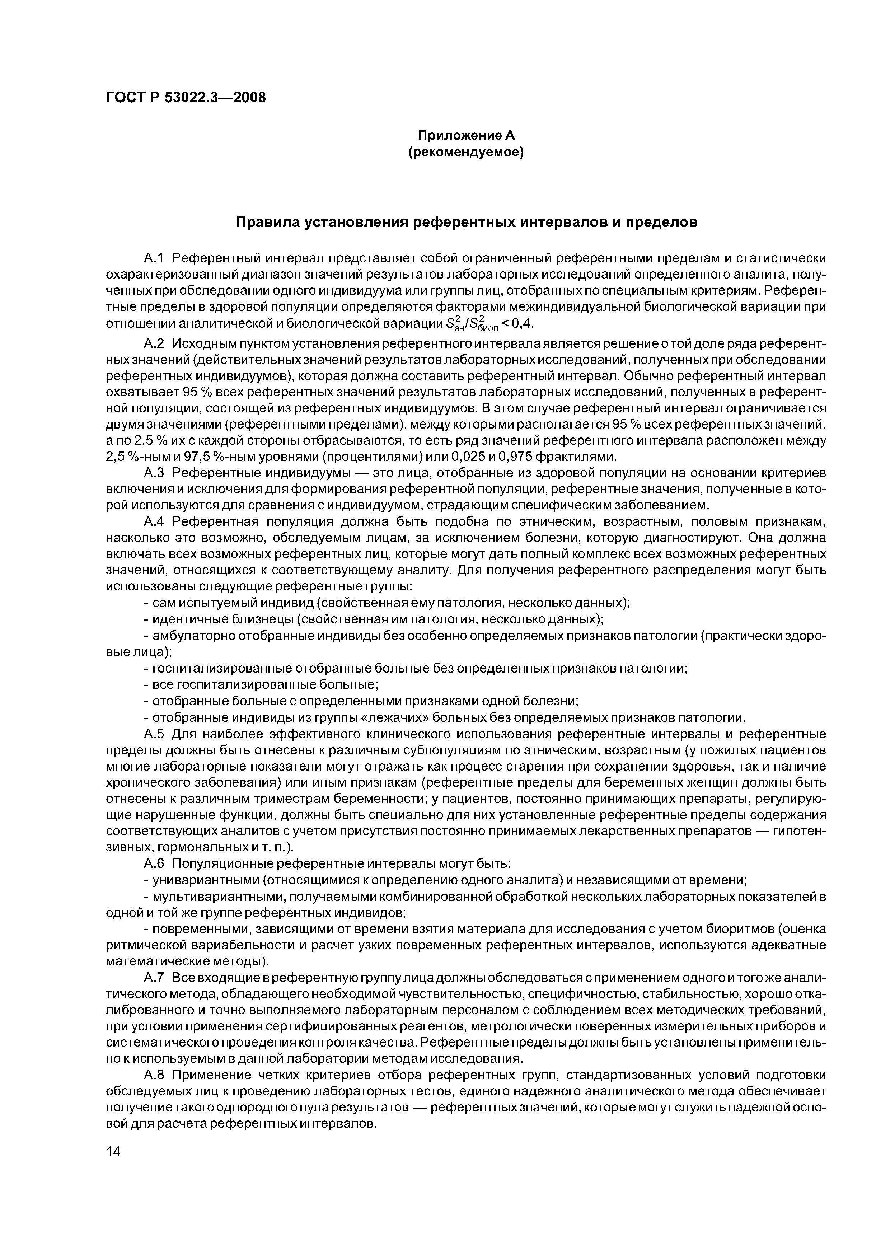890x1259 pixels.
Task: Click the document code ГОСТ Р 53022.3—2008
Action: pyautogui.click(x=185, y=98)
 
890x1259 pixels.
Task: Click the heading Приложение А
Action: pyautogui.click(x=466, y=135)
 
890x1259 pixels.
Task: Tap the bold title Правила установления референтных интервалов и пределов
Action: pyautogui.click(x=466, y=223)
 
